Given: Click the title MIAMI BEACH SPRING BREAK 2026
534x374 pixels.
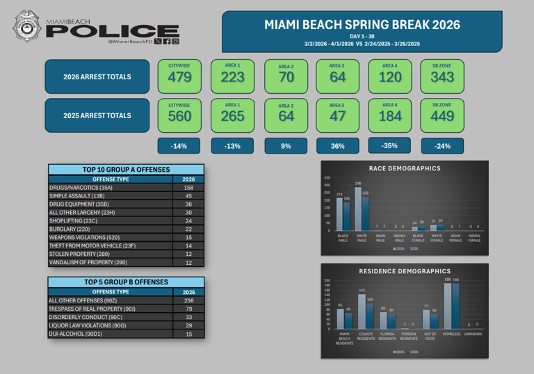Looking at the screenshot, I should click(362, 24).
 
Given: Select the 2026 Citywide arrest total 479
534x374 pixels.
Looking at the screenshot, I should click(179, 77).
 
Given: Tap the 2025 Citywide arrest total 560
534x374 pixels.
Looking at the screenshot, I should click(179, 116).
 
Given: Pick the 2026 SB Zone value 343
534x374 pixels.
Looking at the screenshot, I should click(443, 77).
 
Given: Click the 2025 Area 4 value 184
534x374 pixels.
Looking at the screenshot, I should click(390, 116).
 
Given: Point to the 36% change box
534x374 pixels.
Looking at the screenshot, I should click(337, 146).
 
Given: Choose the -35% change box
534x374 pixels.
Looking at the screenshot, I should click(390, 146).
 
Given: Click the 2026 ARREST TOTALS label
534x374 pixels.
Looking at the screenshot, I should click(97, 76).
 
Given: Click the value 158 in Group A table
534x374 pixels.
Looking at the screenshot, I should click(188, 188).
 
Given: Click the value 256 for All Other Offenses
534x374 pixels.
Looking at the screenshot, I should click(188, 300).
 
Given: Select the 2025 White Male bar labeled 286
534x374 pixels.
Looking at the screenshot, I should click(357, 209).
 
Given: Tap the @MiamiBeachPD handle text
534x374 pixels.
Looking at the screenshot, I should click(129, 42).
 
